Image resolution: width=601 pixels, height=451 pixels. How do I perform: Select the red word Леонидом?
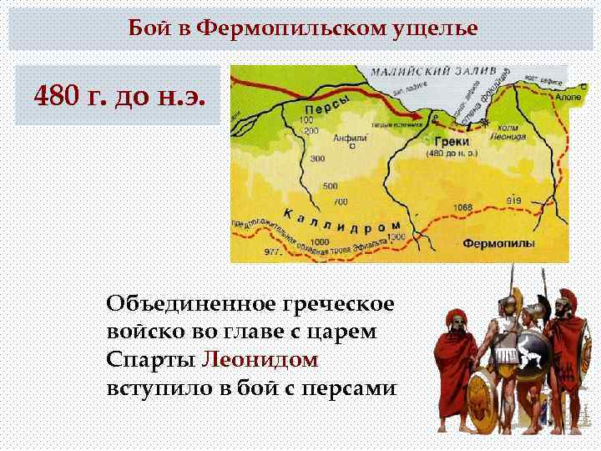click(260, 360)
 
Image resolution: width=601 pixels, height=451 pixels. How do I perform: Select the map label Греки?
click(452, 142)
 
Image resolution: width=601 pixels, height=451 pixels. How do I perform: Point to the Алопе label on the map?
click(568, 96)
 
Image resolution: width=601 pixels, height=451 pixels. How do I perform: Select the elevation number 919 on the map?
click(514, 200)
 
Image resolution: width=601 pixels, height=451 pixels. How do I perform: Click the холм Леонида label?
click(506, 132)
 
